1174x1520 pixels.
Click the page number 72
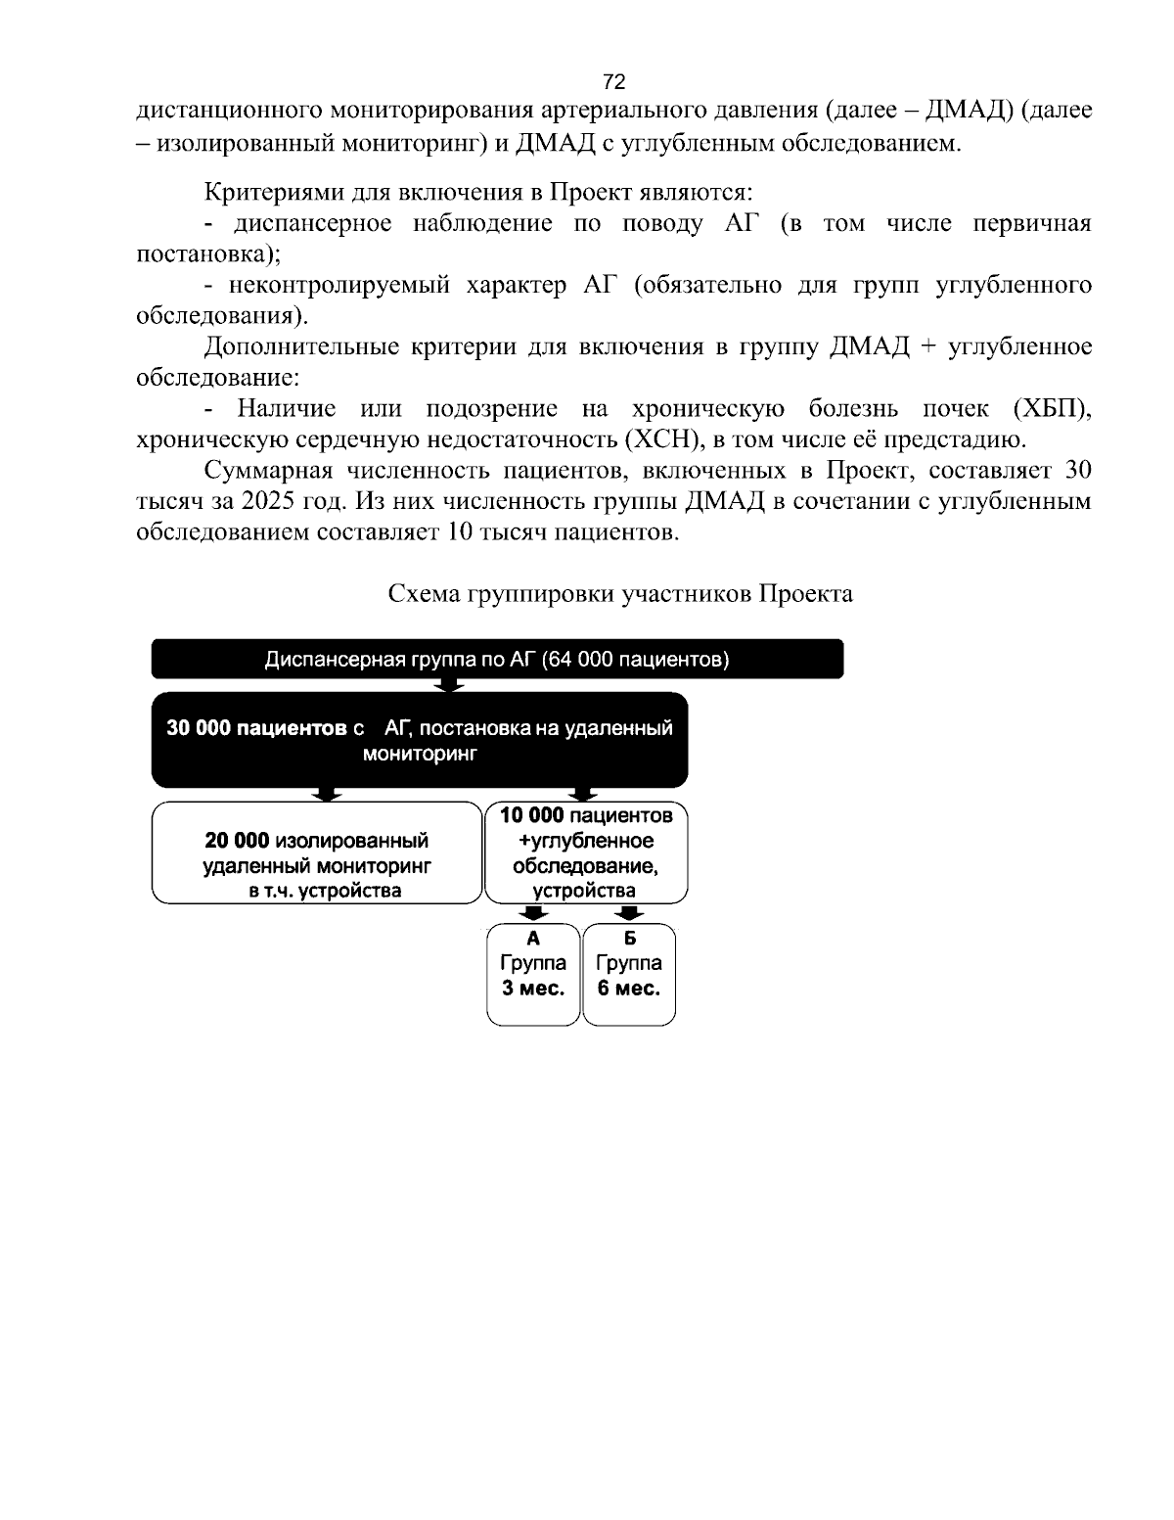click(x=614, y=81)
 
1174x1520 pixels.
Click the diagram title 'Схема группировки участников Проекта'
click(x=620, y=594)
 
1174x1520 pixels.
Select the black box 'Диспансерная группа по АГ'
click(x=497, y=659)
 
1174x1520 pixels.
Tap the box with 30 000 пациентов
click(x=420, y=740)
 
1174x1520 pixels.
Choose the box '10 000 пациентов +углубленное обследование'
click(x=586, y=852)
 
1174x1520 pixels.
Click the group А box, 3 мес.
click(x=533, y=974)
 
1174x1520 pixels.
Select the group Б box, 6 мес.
click(x=629, y=974)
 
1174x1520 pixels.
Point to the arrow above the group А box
click(x=533, y=913)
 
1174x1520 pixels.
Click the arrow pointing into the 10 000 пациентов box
click(x=584, y=793)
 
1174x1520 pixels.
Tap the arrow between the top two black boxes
click(x=449, y=685)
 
